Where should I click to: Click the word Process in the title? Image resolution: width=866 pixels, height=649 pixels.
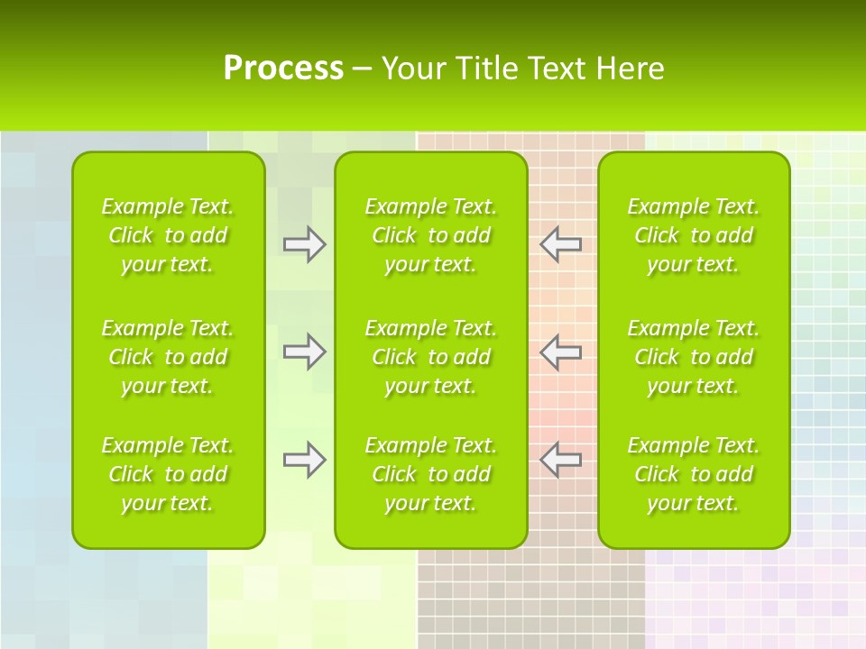click(283, 69)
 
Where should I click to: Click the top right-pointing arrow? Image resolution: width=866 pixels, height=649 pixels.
click(304, 244)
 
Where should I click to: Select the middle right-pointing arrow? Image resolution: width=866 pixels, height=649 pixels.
click(304, 352)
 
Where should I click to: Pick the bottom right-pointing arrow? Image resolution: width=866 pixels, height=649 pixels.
click(304, 460)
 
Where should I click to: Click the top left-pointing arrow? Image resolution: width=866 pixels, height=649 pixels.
click(560, 244)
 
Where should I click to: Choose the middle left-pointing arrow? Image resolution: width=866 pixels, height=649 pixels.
click(560, 352)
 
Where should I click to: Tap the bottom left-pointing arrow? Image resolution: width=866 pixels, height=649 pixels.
click(560, 460)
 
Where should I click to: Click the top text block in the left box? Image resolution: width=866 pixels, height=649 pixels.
click(168, 235)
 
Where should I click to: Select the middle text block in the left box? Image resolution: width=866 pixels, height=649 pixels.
click(168, 357)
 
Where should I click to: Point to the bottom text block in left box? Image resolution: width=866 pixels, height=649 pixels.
click(168, 474)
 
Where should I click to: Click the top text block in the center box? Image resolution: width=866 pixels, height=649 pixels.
click(430, 235)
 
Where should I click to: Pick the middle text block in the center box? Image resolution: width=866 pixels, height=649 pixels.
click(430, 357)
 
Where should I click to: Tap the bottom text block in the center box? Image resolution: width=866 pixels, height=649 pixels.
click(430, 474)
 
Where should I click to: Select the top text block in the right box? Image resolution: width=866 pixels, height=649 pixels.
click(693, 235)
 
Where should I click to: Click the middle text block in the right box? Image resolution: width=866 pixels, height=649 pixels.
click(693, 357)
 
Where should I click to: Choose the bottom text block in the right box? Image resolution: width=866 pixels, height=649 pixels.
click(693, 474)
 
